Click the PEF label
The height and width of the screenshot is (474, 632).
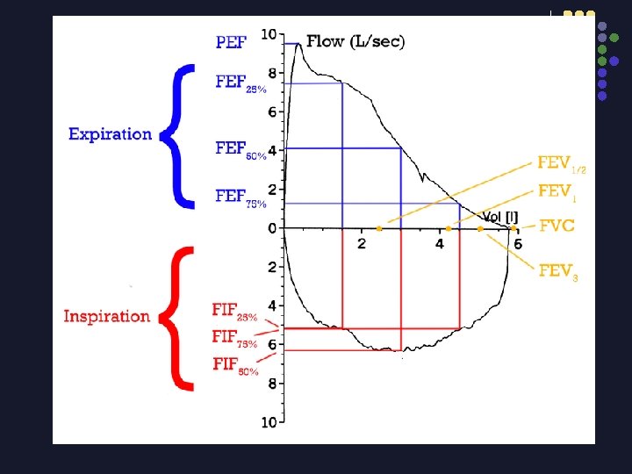231,41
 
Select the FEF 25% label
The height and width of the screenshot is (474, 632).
241,83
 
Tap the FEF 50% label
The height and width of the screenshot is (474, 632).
241,149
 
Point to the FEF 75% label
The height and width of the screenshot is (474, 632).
241,197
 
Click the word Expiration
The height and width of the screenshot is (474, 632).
110,134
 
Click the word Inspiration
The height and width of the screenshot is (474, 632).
106,316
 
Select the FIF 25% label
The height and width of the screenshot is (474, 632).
234,311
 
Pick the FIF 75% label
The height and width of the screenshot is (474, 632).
234,337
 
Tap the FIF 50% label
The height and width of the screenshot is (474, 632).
234,364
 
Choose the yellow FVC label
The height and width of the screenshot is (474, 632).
557,226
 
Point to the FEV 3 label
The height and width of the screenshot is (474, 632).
558,271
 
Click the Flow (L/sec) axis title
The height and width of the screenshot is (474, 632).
355,41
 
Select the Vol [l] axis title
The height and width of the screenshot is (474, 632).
499,216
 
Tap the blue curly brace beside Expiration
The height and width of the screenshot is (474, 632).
181,136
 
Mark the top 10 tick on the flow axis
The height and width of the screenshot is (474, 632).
269,35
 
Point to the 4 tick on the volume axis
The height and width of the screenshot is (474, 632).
439,243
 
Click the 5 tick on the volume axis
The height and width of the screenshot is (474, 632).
518,243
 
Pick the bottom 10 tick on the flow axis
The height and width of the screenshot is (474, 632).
269,423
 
